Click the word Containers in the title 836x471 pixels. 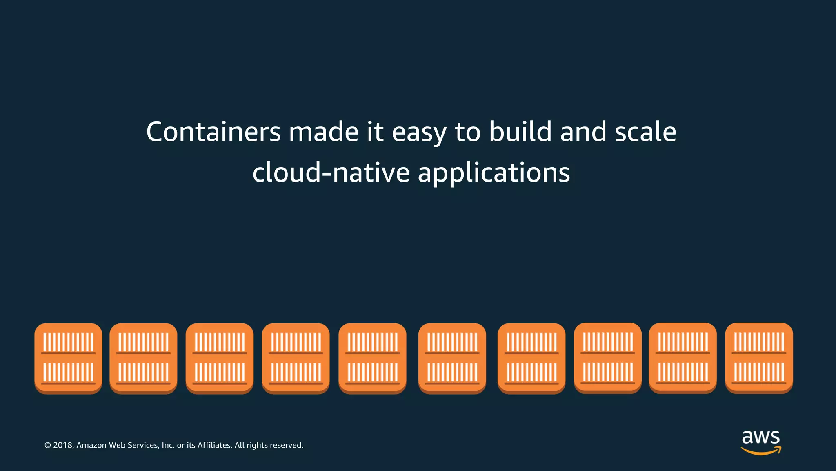[213, 132]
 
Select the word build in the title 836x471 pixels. [520, 132]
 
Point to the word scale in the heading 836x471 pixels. [645, 132]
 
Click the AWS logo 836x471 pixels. [761, 442]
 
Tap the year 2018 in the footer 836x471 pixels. [63, 445]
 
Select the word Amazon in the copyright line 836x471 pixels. [91, 445]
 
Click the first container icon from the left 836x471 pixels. [68, 358]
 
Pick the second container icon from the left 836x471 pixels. [143, 358]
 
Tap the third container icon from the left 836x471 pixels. [220, 358]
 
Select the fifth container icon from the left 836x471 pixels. [372, 358]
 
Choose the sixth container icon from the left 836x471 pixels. [452, 358]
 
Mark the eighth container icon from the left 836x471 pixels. [608, 357]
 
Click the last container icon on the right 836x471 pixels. [759, 357]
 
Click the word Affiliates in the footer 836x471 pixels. [215, 445]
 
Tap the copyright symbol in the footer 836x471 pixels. [48, 445]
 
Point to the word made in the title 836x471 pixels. [324, 132]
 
